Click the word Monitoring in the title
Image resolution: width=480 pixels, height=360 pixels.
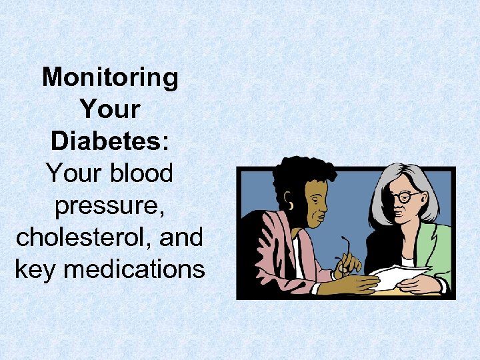111,78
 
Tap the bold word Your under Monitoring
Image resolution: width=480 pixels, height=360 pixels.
111,110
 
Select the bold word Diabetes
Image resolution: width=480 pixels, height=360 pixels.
107,141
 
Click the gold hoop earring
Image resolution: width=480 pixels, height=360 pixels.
291,205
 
